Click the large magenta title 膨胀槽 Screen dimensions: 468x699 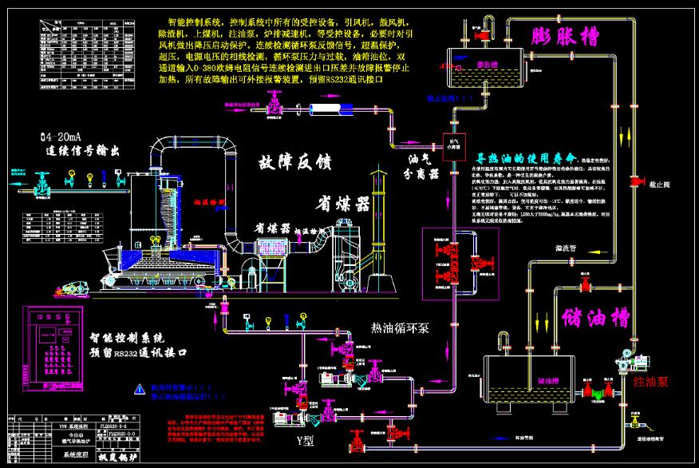coord(565,36)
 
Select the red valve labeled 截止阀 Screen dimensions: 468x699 coord(638,176)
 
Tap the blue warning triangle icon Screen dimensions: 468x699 coord(140,389)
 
